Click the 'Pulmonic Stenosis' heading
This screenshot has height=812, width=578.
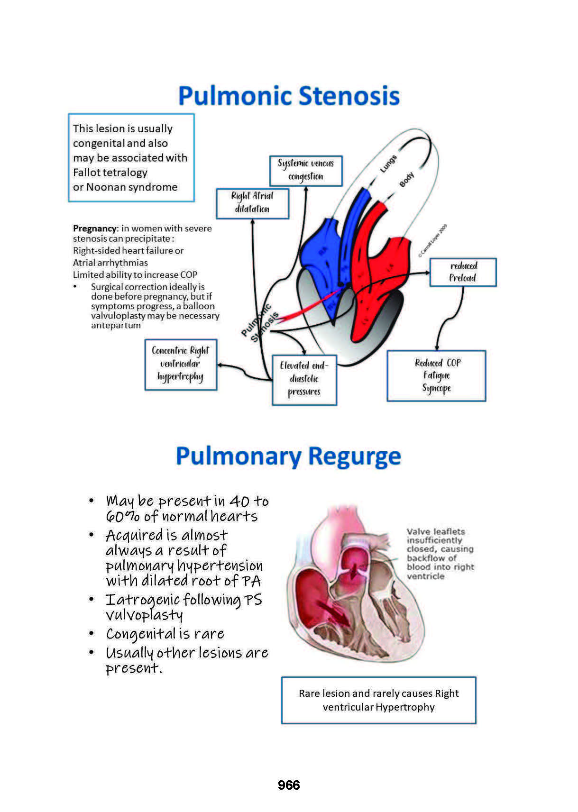click(289, 96)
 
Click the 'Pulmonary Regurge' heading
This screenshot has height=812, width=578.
click(288, 456)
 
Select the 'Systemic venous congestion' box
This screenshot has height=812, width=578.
click(306, 170)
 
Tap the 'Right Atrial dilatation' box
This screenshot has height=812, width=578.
click(252, 203)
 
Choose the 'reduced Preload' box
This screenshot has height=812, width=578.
click(463, 272)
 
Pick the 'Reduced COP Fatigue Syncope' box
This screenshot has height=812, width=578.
click(436, 375)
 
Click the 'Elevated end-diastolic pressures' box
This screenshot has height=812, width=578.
click(304, 379)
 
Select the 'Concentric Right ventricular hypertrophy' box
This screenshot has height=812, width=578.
click(180, 364)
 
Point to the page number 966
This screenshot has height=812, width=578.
click(289, 785)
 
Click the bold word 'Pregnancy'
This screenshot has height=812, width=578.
click(95, 228)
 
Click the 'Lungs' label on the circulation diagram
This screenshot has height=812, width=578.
click(388, 164)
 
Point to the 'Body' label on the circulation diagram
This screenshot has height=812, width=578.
click(406, 180)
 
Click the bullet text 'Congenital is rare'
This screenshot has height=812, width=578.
click(165, 634)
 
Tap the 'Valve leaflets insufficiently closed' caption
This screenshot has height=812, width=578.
click(440, 554)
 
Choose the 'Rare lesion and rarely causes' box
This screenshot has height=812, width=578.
click(378, 700)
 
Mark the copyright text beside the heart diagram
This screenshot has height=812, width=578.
click(432, 241)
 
